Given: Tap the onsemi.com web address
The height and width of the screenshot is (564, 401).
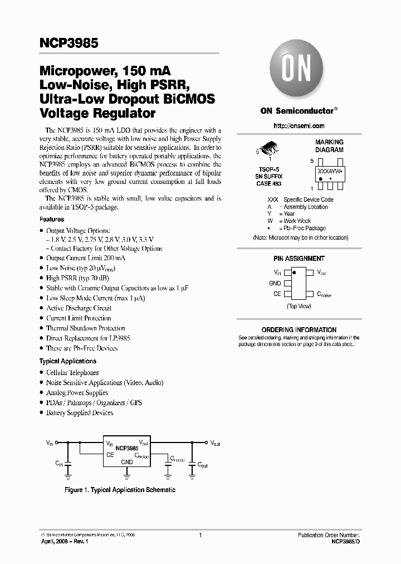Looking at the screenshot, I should coord(300,126).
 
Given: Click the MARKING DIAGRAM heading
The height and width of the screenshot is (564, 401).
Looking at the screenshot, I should coord(329,146).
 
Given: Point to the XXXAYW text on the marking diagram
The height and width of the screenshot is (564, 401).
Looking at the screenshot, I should coord(330,172).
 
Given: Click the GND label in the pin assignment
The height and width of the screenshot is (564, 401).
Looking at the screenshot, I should coord(275,283).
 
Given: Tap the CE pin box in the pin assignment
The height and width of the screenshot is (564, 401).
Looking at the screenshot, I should coord(287,294).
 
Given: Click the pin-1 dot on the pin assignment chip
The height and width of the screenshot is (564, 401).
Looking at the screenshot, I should coord(295,273).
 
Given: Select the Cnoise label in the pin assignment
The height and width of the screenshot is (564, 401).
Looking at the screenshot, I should coord(324,294).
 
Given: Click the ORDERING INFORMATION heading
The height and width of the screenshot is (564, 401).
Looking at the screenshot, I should coord(299,330).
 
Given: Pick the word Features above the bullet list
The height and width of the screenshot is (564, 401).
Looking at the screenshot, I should coord(52,220).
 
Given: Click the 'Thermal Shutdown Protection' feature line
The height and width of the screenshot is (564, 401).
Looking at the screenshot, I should coord(86,328).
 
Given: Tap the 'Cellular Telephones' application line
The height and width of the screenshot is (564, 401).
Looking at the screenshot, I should coord(72,372).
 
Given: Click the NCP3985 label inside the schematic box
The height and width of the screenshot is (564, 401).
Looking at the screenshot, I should coord(127,447).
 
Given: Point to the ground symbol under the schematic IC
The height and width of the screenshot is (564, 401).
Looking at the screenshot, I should coord(127,475).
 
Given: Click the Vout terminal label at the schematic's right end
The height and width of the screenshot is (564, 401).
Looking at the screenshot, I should coord(215,444).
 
